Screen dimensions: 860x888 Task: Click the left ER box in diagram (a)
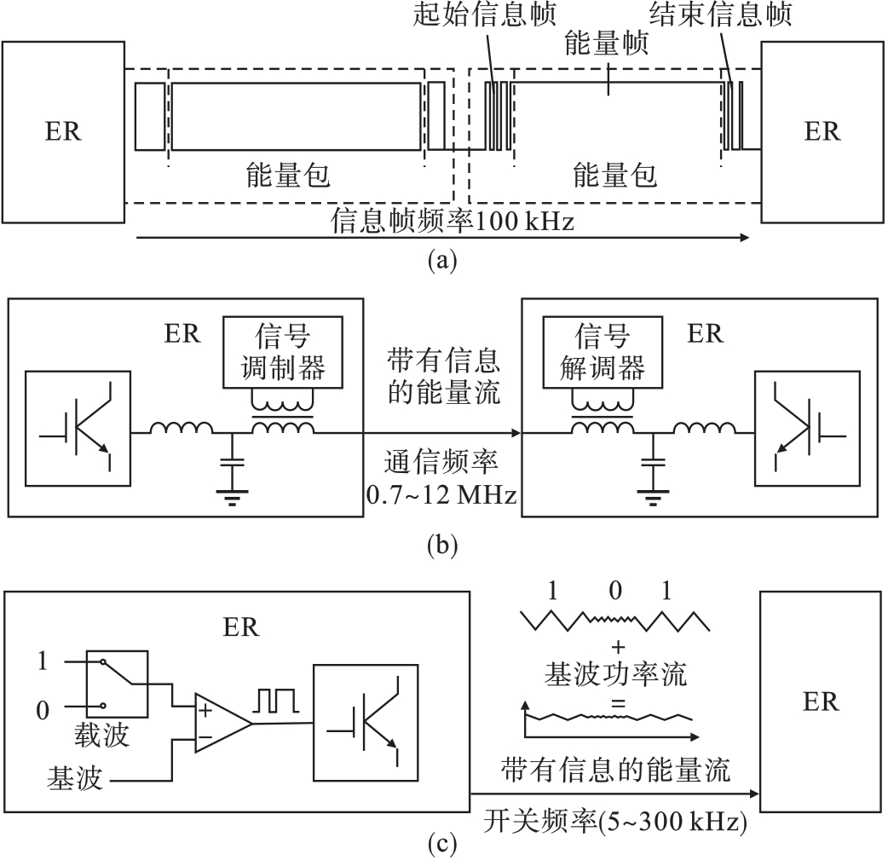point(64,132)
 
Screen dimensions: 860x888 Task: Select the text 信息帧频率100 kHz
point(453,223)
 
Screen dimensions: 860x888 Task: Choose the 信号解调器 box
point(603,354)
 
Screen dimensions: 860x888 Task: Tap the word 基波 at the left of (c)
point(76,777)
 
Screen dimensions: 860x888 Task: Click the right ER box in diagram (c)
point(820,701)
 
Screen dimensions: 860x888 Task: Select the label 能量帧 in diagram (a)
point(607,45)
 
